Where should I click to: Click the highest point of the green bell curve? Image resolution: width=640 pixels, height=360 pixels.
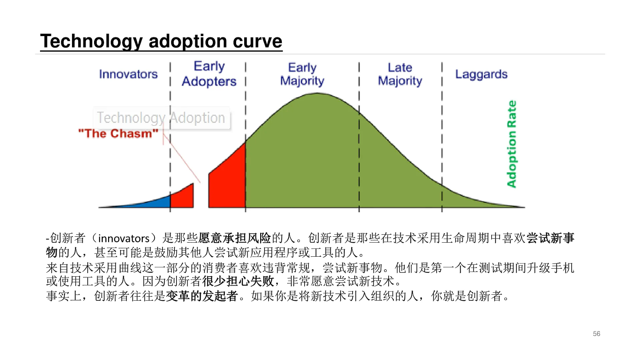(317, 93)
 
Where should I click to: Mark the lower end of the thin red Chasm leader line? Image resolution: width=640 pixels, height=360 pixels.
(200, 182)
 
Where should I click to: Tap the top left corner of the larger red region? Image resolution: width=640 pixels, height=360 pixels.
(209, 173)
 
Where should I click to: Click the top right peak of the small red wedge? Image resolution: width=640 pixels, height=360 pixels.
(193, 183)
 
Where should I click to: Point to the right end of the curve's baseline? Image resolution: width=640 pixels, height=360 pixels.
(525, 207)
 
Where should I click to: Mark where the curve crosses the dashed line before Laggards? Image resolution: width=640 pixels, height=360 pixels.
(442, 185)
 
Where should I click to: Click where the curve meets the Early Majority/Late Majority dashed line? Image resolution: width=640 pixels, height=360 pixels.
(359, 113)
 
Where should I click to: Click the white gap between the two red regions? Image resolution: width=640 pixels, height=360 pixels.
(201, 197)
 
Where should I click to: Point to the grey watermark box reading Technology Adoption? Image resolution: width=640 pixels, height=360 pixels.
(161, 118)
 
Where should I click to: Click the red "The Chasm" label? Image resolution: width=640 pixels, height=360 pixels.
(118, 133)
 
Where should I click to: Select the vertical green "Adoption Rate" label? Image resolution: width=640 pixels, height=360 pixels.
(512, 144)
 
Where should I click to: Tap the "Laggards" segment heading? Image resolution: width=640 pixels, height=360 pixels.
(481, 74)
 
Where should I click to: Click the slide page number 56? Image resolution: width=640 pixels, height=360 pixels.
(596, 334)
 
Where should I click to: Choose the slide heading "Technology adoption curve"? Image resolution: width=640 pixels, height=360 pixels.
(161, 41)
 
